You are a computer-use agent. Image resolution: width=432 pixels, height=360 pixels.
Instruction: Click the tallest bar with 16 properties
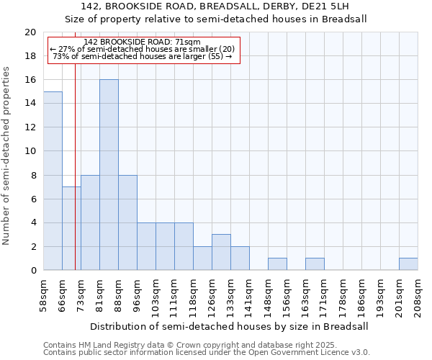109,175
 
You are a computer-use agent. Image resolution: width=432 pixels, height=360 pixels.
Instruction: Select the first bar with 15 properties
53,181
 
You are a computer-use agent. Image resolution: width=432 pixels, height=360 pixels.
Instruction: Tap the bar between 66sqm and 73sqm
71,228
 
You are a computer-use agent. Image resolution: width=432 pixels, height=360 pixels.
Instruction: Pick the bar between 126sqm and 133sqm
221,252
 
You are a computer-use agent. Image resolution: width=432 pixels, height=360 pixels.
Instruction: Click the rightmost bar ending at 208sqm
408,264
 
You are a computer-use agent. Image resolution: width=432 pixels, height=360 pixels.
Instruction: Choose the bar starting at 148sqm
277,264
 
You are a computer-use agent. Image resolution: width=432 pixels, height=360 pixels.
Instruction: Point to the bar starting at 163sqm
315,264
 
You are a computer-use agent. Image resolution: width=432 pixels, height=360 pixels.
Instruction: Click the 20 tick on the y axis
30,32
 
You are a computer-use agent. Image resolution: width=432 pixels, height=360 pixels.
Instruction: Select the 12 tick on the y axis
30,127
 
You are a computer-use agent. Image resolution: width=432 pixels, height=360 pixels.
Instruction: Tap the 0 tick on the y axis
33,270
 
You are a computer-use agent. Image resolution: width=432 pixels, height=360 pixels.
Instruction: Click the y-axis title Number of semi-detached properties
8,156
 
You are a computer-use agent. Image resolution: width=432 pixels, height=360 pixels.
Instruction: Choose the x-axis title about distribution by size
230,326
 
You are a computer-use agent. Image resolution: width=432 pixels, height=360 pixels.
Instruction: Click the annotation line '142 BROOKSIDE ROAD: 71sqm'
142,42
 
